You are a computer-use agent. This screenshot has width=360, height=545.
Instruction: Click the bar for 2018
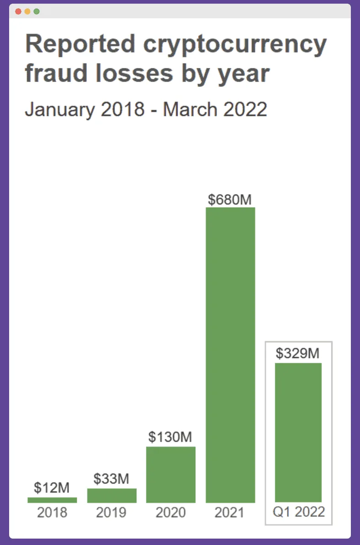coord(52,500)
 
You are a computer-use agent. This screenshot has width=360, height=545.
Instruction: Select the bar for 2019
coord(111,496)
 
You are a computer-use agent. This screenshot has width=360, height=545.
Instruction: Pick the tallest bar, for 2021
coord(230,355)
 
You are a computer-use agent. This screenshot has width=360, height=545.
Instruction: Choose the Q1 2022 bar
coord(298,432)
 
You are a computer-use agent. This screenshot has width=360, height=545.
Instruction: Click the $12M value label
coord(52,487)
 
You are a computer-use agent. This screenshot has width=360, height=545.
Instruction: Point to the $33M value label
coord(111,479)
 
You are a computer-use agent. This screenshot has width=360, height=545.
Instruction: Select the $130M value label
coord(170,437)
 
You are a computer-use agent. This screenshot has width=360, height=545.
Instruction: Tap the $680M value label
coord(230,199)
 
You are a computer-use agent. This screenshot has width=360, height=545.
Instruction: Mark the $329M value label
coord(298,353)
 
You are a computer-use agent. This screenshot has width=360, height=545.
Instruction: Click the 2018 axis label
coord(52,513)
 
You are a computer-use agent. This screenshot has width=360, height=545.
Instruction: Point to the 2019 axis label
coord(111,513)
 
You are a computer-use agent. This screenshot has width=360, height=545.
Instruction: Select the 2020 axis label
coord(171,513)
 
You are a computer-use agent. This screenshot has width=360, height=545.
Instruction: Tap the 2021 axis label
coord(230,513)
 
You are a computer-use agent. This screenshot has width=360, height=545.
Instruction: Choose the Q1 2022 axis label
coord(299,512)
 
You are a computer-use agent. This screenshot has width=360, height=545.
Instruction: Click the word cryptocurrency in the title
coord(235,45)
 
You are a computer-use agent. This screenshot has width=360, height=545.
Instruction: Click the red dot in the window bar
coord(18,11)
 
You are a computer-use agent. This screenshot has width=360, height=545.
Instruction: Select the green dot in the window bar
coord(37,11)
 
